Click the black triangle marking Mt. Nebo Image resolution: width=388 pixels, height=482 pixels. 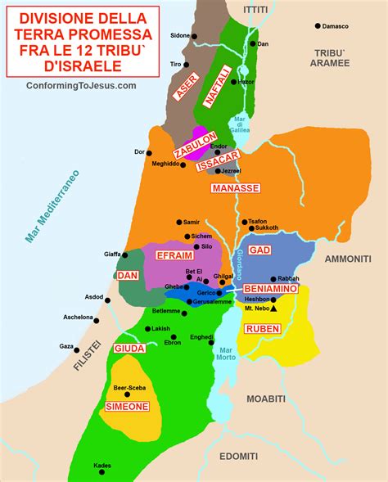point(273,309)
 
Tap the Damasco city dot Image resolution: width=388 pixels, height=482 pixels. point(318,26)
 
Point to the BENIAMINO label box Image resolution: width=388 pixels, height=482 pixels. point(269,289)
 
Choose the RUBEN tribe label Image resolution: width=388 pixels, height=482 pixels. point(262,328)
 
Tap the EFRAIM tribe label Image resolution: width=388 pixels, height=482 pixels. point(174,256)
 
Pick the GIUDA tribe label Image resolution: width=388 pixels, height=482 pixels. point(129,348)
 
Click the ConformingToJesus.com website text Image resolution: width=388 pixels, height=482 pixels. point(81,85)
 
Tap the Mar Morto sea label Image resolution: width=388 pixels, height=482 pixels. point(227,355)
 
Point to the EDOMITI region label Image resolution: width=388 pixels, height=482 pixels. point(238,456)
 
